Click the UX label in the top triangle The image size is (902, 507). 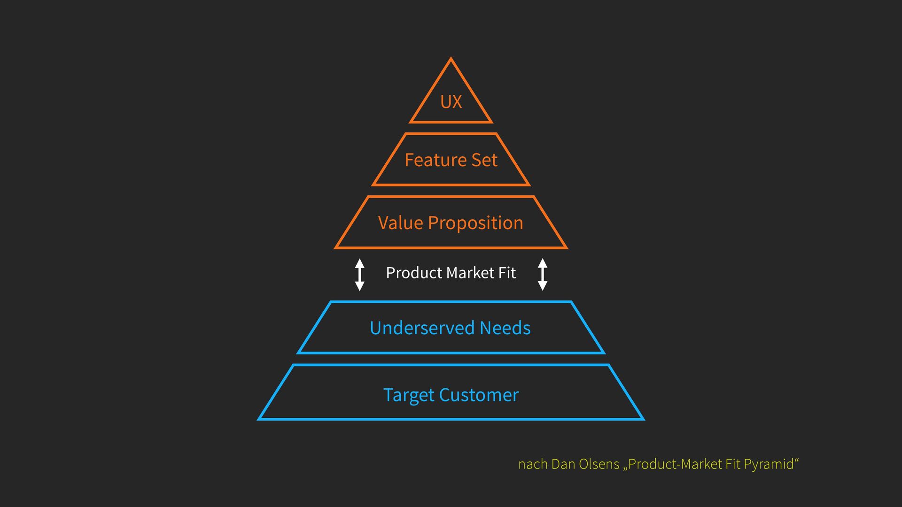[451, 102]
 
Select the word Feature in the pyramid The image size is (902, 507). [429, 160]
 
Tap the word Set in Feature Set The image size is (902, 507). [484, 160]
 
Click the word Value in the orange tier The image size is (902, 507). [401, 223]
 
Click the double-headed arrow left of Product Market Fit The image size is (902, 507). [360, 274]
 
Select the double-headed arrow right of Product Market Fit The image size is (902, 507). [543, 274]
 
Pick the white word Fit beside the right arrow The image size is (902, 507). [507, 273]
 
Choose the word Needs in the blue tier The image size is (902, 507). [505, 328]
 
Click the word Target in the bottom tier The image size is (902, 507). [409, 396]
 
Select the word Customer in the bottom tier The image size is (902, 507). [479, 395]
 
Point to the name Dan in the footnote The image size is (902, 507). [563, 464]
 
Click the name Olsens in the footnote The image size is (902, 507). [599, 464]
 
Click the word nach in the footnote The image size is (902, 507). [533, 464]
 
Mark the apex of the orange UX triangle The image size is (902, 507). [451, 59]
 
